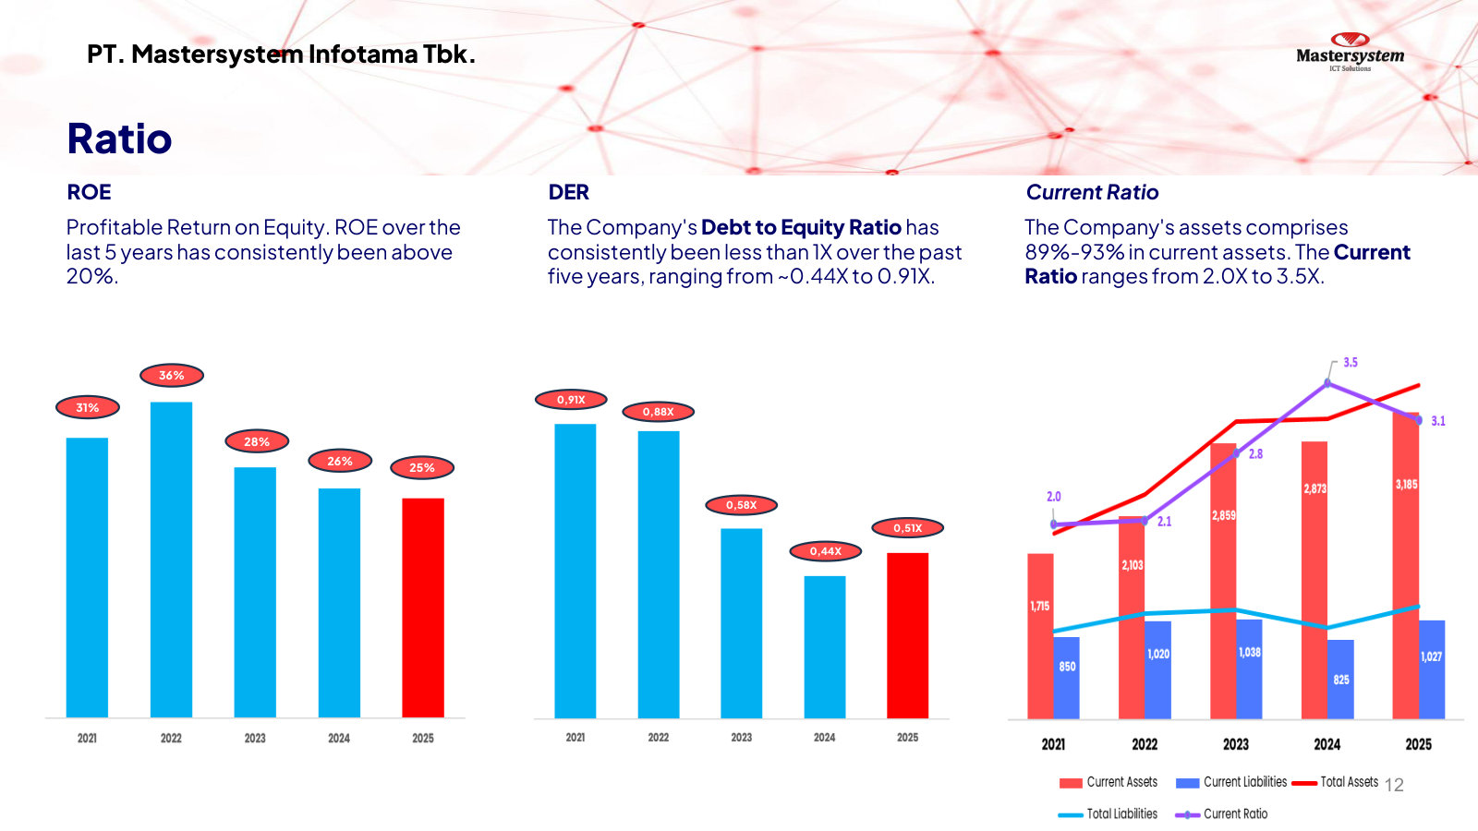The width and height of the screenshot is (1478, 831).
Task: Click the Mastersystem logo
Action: (x=1350, y=52)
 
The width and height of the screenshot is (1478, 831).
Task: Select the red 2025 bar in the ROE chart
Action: (x=423, y=608)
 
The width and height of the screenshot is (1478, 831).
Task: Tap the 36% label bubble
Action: (x=172, y=375)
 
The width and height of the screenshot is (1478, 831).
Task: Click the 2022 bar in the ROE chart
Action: (x=172, y=560)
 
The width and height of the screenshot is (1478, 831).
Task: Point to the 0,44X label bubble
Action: (x=826, y=550)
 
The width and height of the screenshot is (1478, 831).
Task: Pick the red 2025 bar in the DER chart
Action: (x=907, y=635)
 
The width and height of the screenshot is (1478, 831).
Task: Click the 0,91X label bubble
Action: (x=571, y=399)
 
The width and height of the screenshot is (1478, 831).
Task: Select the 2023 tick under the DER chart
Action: (x=741, y=738)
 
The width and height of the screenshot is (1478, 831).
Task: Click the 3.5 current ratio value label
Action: (x=1350, y=363)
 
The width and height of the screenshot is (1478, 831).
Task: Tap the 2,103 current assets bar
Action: (x=1132, y=618)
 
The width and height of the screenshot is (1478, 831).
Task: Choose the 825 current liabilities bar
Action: (x=1340, y=680)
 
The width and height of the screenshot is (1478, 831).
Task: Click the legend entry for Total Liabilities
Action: (x=1108, y=813)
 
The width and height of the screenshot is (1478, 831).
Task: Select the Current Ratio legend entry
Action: (x=1221, y=813)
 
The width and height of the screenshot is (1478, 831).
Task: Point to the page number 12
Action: (x=1394, y=785)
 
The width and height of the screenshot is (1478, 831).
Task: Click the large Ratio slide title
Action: (x=119, y=138)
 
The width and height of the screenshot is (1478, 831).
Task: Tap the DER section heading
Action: (x=568, y=192)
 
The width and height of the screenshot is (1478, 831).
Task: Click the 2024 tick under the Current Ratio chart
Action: (x=1327, y=744)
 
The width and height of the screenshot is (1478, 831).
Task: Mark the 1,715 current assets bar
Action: (x=1040, y=636)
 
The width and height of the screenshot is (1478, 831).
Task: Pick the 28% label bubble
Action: (x=257, y=441)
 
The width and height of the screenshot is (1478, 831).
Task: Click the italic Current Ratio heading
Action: (x=1092, y=192)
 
